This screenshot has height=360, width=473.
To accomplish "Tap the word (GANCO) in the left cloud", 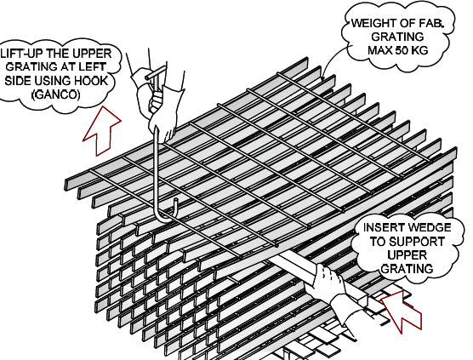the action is pos(56,94).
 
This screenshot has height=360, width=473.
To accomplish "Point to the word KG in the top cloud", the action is pos(420,50).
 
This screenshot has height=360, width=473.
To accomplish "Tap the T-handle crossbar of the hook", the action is pos(156,73).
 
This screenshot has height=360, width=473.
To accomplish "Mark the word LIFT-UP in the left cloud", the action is pos(19,54).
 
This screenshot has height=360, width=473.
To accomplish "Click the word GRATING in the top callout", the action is pos(397,37).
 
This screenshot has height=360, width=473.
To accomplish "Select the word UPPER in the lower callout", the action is pos(407,255).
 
